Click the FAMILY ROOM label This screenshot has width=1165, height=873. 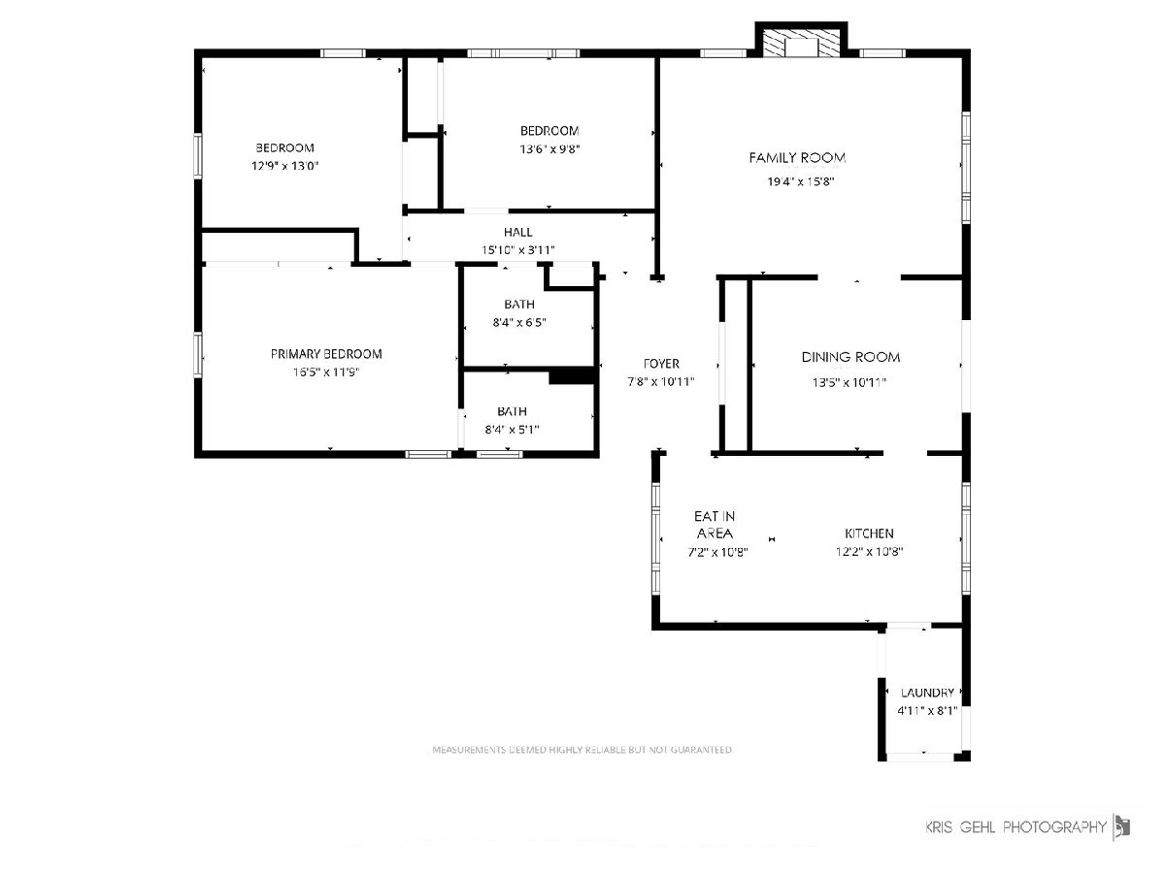point(797,157)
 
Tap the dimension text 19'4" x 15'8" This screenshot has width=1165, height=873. point(800,181)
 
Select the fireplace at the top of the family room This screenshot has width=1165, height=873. point(801,42)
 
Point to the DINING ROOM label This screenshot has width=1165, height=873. point(850,357)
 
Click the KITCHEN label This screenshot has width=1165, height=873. point(869,533)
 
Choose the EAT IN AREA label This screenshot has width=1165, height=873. point(715,525)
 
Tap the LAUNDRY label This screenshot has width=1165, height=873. point(927,693)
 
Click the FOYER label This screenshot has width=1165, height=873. point(661,364)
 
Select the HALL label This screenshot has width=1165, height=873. point(518,232)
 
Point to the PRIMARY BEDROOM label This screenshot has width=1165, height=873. point(326,354)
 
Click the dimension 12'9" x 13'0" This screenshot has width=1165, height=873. point(284,166)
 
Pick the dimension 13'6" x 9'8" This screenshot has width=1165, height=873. point(549,149)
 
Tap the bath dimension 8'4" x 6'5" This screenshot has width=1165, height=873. point(519,322)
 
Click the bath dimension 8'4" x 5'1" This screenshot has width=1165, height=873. point(512,430)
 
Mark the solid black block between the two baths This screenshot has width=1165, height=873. point(572,375)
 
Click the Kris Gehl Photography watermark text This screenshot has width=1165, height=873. point(1015,826)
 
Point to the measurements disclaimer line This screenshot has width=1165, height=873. point(582,750)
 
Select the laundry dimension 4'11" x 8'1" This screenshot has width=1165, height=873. point(927,711)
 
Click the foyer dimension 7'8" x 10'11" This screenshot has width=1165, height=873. point(661,381)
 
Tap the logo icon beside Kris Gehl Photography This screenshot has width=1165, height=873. point(1121,826)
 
